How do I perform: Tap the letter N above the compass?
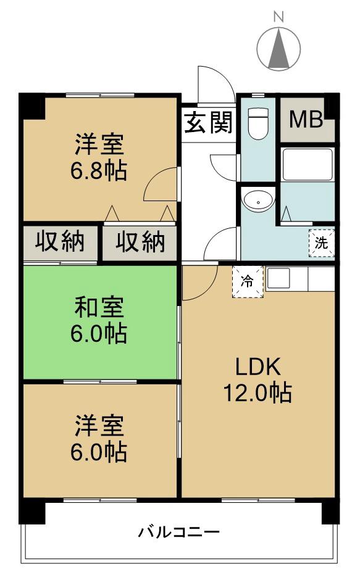(278, 17)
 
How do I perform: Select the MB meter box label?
(306, 120)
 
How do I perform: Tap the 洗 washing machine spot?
(321, 242)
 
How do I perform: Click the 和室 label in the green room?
(100, 307)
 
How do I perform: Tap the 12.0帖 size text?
(258, 393)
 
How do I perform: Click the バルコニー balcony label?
(178, 531)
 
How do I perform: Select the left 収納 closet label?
(59, 242)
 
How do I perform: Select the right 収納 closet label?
(141, 242)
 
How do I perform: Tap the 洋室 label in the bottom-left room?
(100, 426)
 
